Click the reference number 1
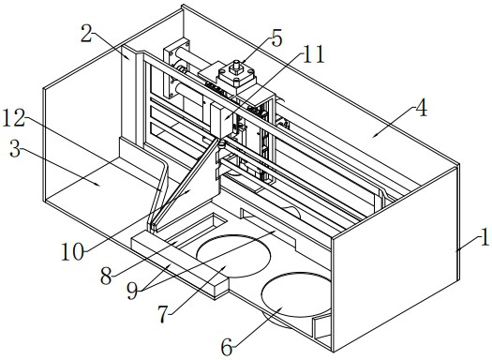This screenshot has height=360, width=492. (x=485, y=237)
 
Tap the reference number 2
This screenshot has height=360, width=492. (x=86, y=34)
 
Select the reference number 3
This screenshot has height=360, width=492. (x=15, y=149)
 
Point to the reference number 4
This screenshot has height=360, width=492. (x=421, y=107)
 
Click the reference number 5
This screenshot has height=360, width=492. (x=276, y=38)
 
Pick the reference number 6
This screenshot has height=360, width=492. (x=227, y=348)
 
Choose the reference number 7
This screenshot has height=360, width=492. (x=163, y=314)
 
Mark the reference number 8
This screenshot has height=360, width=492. (x=107, y=277)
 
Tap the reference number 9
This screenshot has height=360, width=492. (x=132, y=292)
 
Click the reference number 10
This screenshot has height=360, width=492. (x=73, y=251)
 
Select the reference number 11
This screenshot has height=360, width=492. (x=313, y=54)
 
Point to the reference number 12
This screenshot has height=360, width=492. (x=13, y=118)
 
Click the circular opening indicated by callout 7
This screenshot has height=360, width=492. (x=233, y=256)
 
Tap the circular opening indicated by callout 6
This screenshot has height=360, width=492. (x=296, y=294)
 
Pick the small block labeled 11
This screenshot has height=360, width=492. (x=222, y=121)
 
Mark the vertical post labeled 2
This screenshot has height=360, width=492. (x=128, y=94)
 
